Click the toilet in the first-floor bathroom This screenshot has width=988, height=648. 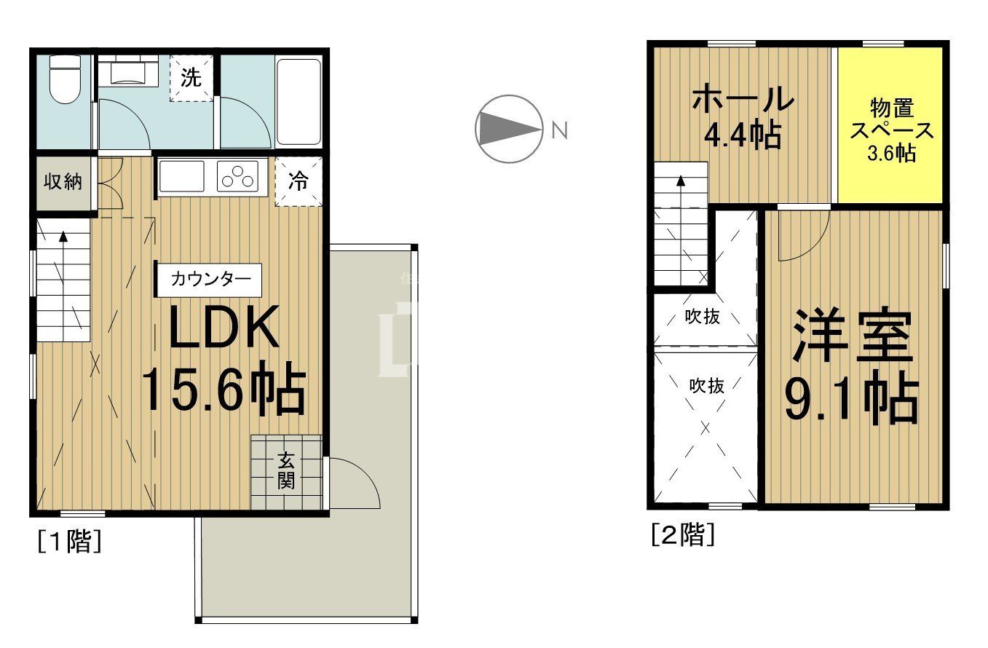click(x=65, y=79)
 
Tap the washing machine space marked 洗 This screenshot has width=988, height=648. click(x=191, y=78)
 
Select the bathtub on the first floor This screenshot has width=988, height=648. click(x=299, y=102)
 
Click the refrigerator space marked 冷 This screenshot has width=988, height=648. click(x=299, y=181)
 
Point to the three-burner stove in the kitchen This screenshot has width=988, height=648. click(x=238, y=176)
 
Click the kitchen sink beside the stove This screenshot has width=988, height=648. click(x=182, y=176)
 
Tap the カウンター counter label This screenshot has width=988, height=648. click(x=210, y=280)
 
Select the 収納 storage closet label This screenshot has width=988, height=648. click(x=63, y=181)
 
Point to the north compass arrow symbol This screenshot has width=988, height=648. click(x=509, y=130)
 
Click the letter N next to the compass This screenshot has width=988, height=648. click(x=559, y=130)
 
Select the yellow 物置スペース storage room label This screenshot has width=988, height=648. click(x=892, y=130)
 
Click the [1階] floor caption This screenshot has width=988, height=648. click(x=70, y=541)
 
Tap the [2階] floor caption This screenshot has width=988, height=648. click(x=683, y=534)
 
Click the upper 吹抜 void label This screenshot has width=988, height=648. click(x=702, y=317)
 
